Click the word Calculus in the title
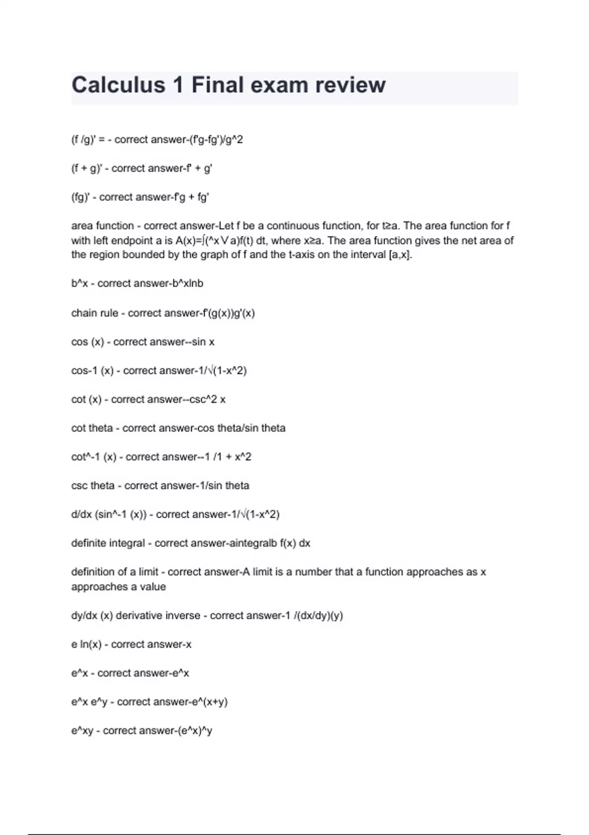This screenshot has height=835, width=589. pyautogui.click(x=118, y=85)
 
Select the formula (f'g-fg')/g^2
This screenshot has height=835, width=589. pyautogui.click(x=216, y=140)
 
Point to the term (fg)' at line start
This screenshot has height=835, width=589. pyautogui.click(x=83, y=197)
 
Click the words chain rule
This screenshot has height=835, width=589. pyautogui.click(x=94, y=313)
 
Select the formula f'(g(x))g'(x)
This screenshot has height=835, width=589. pyautogui.click(x=229, y=313)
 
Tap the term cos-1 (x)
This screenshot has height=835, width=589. pyautogui.click(x=92, y=371)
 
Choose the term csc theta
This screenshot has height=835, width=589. pyautogui.click(x=92, y=486)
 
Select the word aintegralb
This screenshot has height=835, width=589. pyautogui.click(x=250, y=543)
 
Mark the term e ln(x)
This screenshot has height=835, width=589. pyautogui.click(x=86, y=644)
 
